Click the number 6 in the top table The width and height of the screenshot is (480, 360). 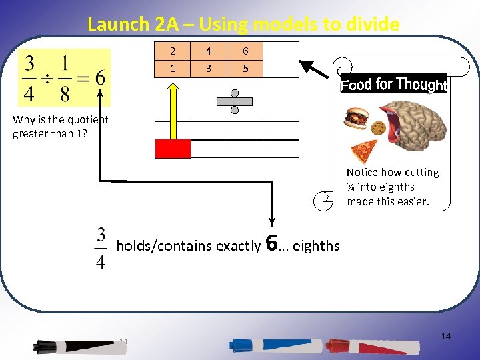pyautogui.click(x=245, y=51)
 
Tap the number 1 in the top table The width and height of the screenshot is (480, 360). pyautogui.click(x=173, y=68)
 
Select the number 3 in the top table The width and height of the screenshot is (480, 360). pyautogui.click(x=209, y=68)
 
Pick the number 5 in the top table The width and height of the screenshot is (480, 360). pyautogui.click(x=245, y=68)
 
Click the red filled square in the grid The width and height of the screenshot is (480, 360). pyautogui.click(x=173, y=149)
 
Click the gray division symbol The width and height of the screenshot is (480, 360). pyautogui.click(x=234, y=101)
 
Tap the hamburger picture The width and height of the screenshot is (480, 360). pyautogui.click(x=356, y=119)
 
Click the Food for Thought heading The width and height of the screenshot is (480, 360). pyautogui.click(x=393, y=84)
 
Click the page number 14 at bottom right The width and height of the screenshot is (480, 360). pyautogui.click(x=446, y=336)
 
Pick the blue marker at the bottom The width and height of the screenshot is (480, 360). pyautogui.click(x=270, y=345)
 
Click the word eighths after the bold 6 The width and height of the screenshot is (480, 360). pyautogui.click(x=316, y=246)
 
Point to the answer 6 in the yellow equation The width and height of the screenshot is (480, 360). pyautogui.click(x=99, y=77)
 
